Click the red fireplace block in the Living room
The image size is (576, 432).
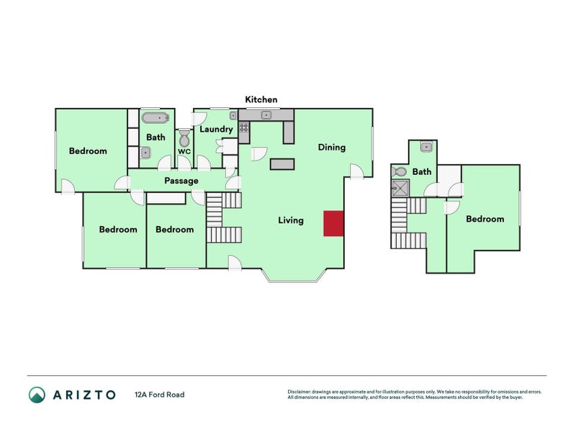click(333, 223)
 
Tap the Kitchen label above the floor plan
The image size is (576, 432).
click(261, 99)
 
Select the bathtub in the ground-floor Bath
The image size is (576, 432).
click(155, 117)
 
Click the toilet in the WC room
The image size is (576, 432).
click(184, 137)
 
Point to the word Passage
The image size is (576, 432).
click(181, 181)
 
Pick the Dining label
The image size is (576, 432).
click(332, 147)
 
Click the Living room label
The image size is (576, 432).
click(291, 220)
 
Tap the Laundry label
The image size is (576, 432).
click(216, 130)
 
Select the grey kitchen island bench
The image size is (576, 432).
click(282, 164)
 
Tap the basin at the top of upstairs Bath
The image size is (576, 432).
click(426, 147)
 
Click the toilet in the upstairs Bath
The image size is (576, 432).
click(400, 171)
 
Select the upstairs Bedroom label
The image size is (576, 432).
click(485, 219)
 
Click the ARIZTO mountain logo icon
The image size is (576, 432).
click(37, 395)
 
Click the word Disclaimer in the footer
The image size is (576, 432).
click(301, 392)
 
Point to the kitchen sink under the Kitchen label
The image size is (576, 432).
click(266, 114)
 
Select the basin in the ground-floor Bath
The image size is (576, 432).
click(146, 151)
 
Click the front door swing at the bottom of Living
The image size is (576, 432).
click(235, 263)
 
